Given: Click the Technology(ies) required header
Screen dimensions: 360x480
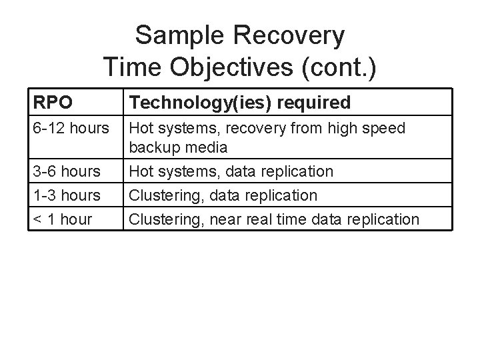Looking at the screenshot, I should point(239,103).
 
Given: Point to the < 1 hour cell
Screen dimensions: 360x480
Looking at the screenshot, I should point(62,219).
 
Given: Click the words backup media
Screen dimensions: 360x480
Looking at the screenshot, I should point(178,146).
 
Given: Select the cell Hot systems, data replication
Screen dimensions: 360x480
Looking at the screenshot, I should point(231,171).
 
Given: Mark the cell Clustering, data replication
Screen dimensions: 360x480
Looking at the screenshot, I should point(223,195).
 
